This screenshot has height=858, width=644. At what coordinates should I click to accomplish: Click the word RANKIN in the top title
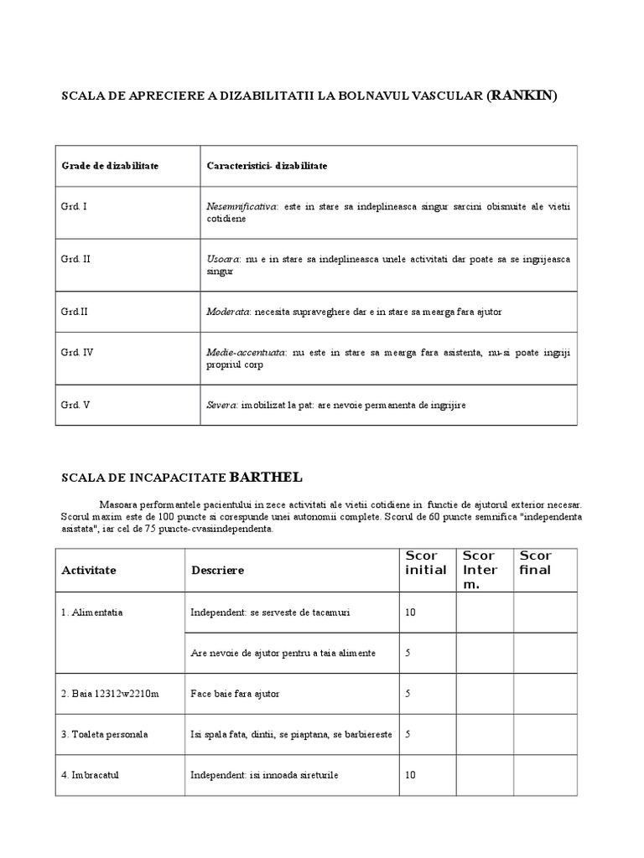click(522, 96)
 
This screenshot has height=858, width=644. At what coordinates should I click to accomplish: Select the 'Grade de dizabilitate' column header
click(110, 166)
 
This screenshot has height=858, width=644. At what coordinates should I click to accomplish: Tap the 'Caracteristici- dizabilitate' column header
click(267, 166)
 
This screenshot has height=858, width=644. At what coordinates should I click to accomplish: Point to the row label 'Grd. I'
click(74, 206)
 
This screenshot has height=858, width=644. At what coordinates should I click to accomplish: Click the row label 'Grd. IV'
click(77, 353)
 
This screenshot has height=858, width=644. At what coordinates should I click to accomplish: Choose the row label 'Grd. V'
click(75, 406)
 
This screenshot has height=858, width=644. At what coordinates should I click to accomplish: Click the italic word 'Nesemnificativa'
click(241, 206)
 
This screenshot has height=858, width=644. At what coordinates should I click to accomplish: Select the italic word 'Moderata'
click(228, 312)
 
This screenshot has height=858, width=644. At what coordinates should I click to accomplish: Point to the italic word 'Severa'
click(222, 406)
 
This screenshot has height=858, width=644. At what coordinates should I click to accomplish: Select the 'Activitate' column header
click(89, 570)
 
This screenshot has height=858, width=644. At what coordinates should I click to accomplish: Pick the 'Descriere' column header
click(217, 570)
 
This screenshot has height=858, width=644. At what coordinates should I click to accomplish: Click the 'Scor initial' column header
click(426, 563)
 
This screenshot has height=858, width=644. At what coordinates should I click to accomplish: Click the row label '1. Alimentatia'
click(92, 612)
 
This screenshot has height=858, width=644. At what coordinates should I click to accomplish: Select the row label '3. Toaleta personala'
click(105, 734)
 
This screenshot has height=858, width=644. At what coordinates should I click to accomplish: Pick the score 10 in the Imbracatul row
click(410, 775)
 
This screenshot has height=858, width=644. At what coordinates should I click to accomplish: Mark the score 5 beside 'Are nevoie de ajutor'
click(408, 653)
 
